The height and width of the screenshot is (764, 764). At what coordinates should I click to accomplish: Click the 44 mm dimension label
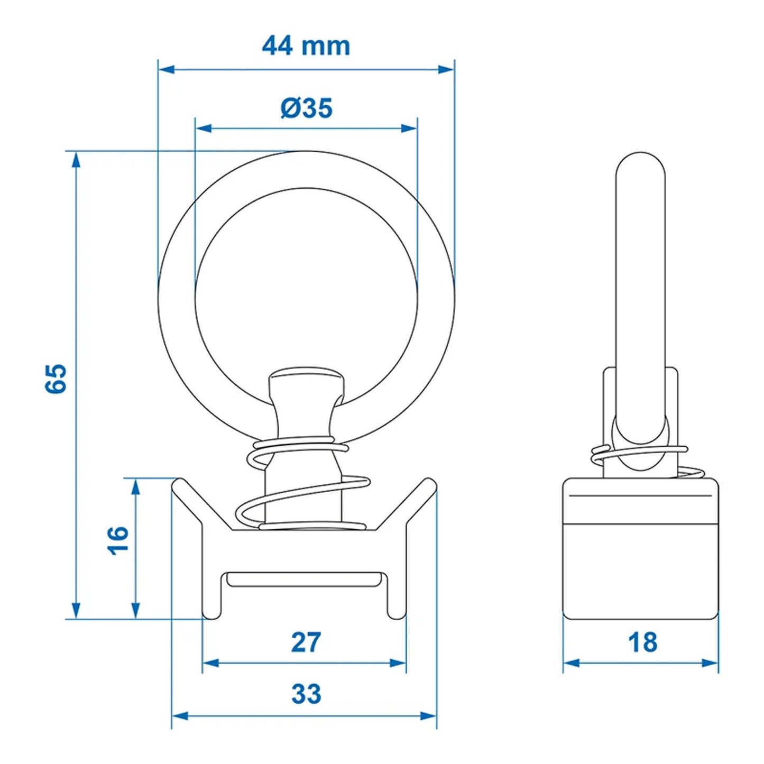(x=306, y=46)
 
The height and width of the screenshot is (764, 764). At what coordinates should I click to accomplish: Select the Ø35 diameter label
(x=306, y=108)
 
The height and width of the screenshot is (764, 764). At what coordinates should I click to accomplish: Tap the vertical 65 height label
(x=56, y=378)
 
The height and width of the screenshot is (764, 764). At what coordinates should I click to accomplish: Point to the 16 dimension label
(x=118, y=540)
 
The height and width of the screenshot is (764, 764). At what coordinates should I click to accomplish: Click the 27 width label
(x=306, y=642)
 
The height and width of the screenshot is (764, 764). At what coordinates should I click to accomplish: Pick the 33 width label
(x=306, y=694)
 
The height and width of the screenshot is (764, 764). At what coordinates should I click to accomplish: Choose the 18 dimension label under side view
(x=642, y=643)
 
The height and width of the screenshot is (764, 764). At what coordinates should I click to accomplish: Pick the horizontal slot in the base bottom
(x=304, y=579)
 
